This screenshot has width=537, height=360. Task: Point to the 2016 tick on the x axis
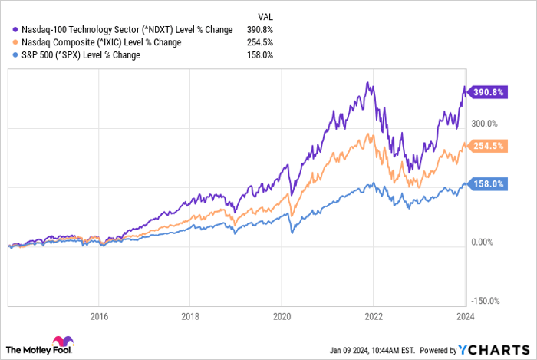(98, 315)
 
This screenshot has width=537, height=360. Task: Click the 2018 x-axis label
(190, 315)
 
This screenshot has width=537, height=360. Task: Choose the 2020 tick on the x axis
(282, 315)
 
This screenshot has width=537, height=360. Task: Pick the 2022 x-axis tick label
(374, 315)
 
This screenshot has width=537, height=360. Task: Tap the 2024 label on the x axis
(465, 315)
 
